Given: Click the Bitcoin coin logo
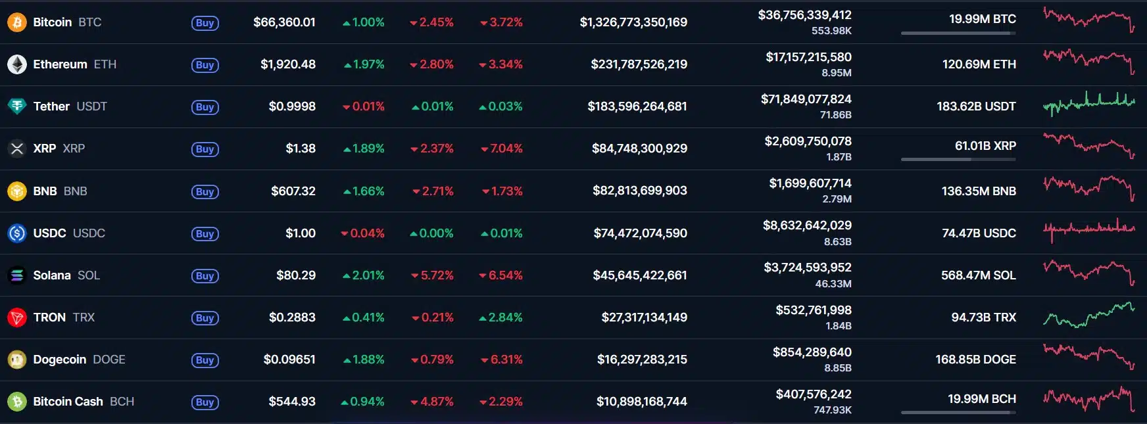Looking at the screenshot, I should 16,22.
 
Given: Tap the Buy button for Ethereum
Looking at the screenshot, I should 205,65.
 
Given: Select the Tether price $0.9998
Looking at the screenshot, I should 292,106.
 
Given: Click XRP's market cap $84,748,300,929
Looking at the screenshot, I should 639,149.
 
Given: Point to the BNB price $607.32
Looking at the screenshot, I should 293,191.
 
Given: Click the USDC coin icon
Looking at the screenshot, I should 16,233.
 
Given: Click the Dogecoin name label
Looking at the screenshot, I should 60,360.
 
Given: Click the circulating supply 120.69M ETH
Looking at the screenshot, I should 979,64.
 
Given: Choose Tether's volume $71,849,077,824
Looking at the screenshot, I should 806,99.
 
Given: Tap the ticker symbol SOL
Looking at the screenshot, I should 89,275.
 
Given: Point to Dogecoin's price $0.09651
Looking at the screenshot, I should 289,360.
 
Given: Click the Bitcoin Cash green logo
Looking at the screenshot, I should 16,402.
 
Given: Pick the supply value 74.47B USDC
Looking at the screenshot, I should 979,233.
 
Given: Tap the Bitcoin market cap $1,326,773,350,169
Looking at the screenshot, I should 633,22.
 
